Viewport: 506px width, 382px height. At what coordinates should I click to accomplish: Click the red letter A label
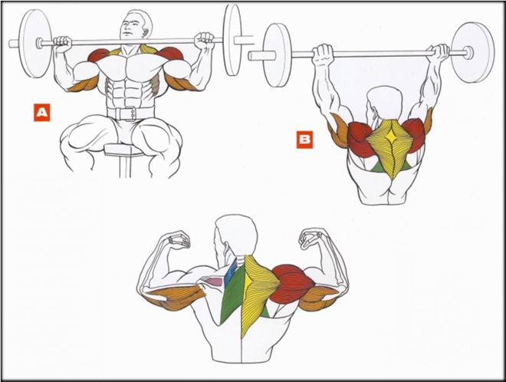42,112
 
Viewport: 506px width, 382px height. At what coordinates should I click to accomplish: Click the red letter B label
304,139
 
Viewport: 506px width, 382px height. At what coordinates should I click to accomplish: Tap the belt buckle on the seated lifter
131,114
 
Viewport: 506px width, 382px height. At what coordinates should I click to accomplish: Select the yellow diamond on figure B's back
392,137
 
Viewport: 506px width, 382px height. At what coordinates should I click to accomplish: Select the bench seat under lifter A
124,150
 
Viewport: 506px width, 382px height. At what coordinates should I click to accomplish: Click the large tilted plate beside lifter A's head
232,40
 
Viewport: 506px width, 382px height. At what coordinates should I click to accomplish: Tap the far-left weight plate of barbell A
35,43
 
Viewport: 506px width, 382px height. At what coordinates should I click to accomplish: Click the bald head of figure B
385,101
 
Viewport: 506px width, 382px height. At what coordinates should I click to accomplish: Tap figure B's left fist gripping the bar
323,54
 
